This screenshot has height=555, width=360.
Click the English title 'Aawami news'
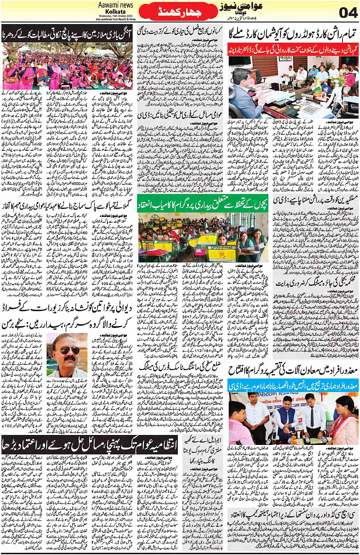pos(115,5)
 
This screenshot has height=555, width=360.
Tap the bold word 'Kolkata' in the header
pos(115,11)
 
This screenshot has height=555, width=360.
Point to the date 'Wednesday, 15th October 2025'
pos(115,16)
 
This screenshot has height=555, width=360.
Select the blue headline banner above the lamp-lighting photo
pos(293,386)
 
